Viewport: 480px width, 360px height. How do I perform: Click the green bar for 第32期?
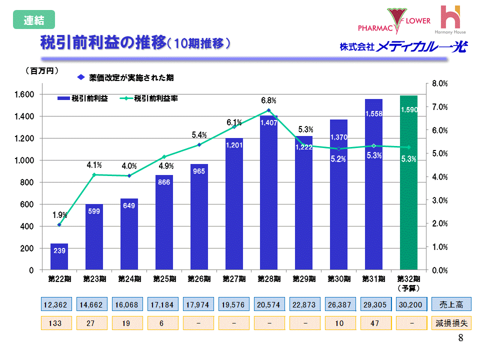408,182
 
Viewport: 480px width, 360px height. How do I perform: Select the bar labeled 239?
59,257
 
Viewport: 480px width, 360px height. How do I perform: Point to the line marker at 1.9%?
59,225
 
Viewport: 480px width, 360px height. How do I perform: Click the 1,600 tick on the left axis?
24,94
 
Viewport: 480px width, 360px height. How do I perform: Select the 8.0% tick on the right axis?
439,83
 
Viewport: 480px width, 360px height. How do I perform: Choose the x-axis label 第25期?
163,278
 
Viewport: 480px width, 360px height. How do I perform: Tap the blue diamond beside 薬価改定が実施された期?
81,77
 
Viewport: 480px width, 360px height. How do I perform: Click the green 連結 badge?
33,20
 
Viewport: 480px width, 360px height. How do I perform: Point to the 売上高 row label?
451,304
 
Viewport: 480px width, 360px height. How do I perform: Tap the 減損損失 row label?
451,323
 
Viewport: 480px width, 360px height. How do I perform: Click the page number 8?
460,338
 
